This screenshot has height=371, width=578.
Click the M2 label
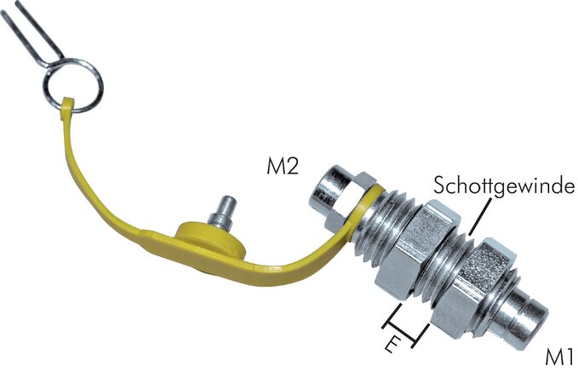pos(283,167)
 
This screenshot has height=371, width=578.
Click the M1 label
pos(559,357)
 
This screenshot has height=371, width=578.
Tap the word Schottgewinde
pos(504,185)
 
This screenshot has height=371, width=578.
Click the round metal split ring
pos(73,85)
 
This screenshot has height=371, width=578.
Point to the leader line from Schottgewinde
pos(479,216)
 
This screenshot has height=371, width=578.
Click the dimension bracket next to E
pos(406,325)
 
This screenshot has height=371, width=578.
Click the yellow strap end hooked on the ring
pos(66,107)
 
